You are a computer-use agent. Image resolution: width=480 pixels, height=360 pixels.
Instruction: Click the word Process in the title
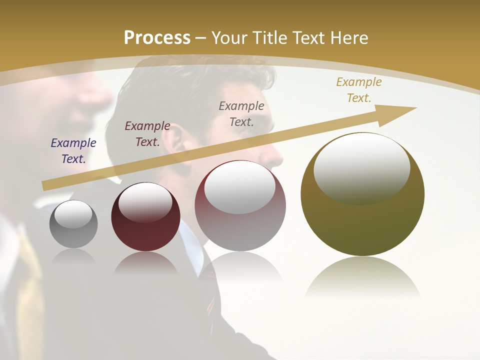click(157, 37)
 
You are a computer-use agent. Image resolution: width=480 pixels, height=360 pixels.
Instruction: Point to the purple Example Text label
click(73, 150)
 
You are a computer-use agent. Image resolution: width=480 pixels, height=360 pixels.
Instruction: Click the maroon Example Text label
click(147, 133)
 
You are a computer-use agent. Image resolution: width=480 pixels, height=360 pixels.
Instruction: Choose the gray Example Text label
click(241, 113)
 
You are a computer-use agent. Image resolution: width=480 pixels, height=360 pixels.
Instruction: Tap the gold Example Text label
click(359, 89)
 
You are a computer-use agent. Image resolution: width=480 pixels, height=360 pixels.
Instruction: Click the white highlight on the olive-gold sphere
click(361, 167)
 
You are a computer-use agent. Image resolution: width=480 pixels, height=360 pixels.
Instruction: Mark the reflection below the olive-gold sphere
click(362, 277)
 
